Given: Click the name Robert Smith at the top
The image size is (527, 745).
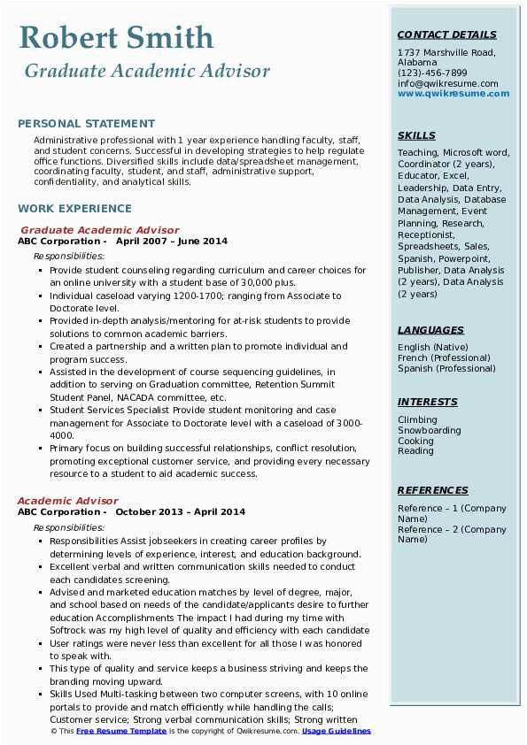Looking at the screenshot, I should coord(116,37).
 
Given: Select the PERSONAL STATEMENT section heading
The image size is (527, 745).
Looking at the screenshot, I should coord(86,124).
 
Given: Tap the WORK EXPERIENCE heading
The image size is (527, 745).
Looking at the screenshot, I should coord(74,209).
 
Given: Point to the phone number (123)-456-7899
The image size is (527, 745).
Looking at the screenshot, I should coord(432,73).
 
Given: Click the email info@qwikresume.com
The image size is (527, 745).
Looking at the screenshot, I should coord(447,84).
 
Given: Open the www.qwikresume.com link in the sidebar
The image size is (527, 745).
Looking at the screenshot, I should coord(447,94).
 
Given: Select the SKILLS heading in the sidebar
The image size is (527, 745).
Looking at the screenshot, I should coord(416,135).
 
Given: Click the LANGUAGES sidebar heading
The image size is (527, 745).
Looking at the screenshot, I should coord(430,330).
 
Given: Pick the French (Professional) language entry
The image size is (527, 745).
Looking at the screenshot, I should coord(444,357).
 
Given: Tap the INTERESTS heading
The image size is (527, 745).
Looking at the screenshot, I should coord(428,402).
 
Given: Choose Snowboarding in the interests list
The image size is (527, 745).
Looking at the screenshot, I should coord(429,431).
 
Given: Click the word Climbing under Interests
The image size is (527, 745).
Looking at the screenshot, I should coord(417,420).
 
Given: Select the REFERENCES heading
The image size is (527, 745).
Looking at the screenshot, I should coord(432,490).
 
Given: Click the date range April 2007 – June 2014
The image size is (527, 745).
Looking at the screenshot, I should coord(172,242).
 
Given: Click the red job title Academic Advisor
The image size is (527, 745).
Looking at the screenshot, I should coord(67,501).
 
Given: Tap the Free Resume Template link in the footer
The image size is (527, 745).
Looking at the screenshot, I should coord(120,732).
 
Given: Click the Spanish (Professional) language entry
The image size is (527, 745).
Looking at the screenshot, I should coord(446,368).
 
